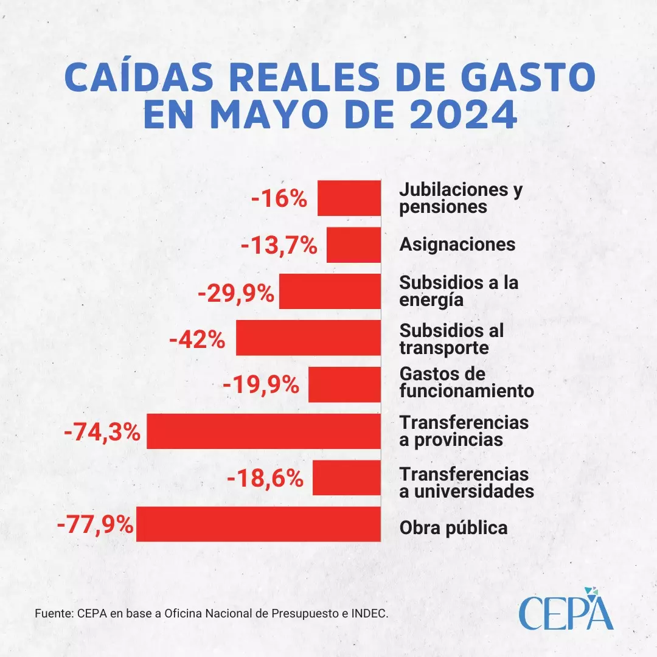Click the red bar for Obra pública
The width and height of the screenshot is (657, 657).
click(x=259, y=524)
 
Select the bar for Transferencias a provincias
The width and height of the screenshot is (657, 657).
click(x=264, y=431)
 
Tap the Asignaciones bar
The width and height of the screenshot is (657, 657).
click(x=353, y=245)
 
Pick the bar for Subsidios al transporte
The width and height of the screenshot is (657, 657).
click(x=308, y=338)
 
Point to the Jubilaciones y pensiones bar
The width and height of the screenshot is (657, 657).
click(x=349, y=198)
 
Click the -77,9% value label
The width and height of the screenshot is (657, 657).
click(x=96, y=524)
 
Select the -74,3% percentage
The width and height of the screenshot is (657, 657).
click(x=102, y=432)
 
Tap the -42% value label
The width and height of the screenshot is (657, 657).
click(x=197, y=339)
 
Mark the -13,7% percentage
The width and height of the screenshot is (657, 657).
click(x=279, y=246)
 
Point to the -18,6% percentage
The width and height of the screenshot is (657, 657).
click(x=265, y=478)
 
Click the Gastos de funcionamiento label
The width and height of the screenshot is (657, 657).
click(x=467, y=382)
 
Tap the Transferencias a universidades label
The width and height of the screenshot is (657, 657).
click(x=467, y=482)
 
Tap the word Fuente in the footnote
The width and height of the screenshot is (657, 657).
click(x=53, y=613)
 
